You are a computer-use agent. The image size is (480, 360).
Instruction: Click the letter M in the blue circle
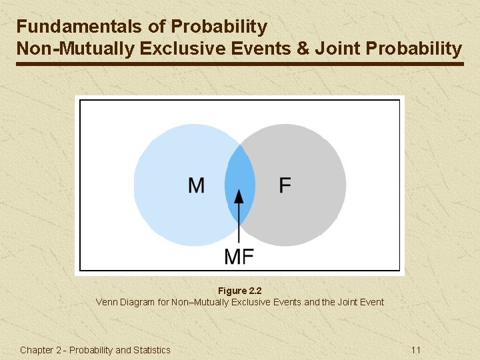point(196,185)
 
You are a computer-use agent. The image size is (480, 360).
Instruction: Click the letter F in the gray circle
point(285,185)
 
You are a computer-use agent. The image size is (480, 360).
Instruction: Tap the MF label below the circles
point(239,256)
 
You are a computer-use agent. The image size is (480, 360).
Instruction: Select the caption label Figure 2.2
point(240,291)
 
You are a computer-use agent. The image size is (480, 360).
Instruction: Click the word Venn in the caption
point(107,302)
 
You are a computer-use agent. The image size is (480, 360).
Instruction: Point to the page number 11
point(415,350)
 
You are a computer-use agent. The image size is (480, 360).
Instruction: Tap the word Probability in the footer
point(91,350)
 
